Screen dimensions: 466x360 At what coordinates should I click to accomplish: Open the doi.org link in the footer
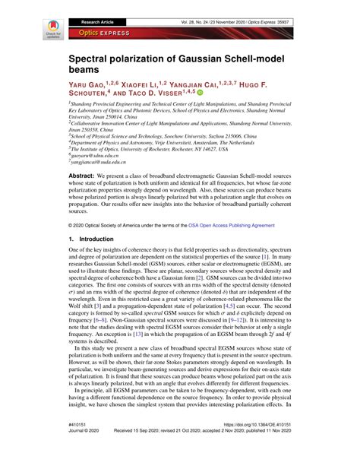tap(229, 445)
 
